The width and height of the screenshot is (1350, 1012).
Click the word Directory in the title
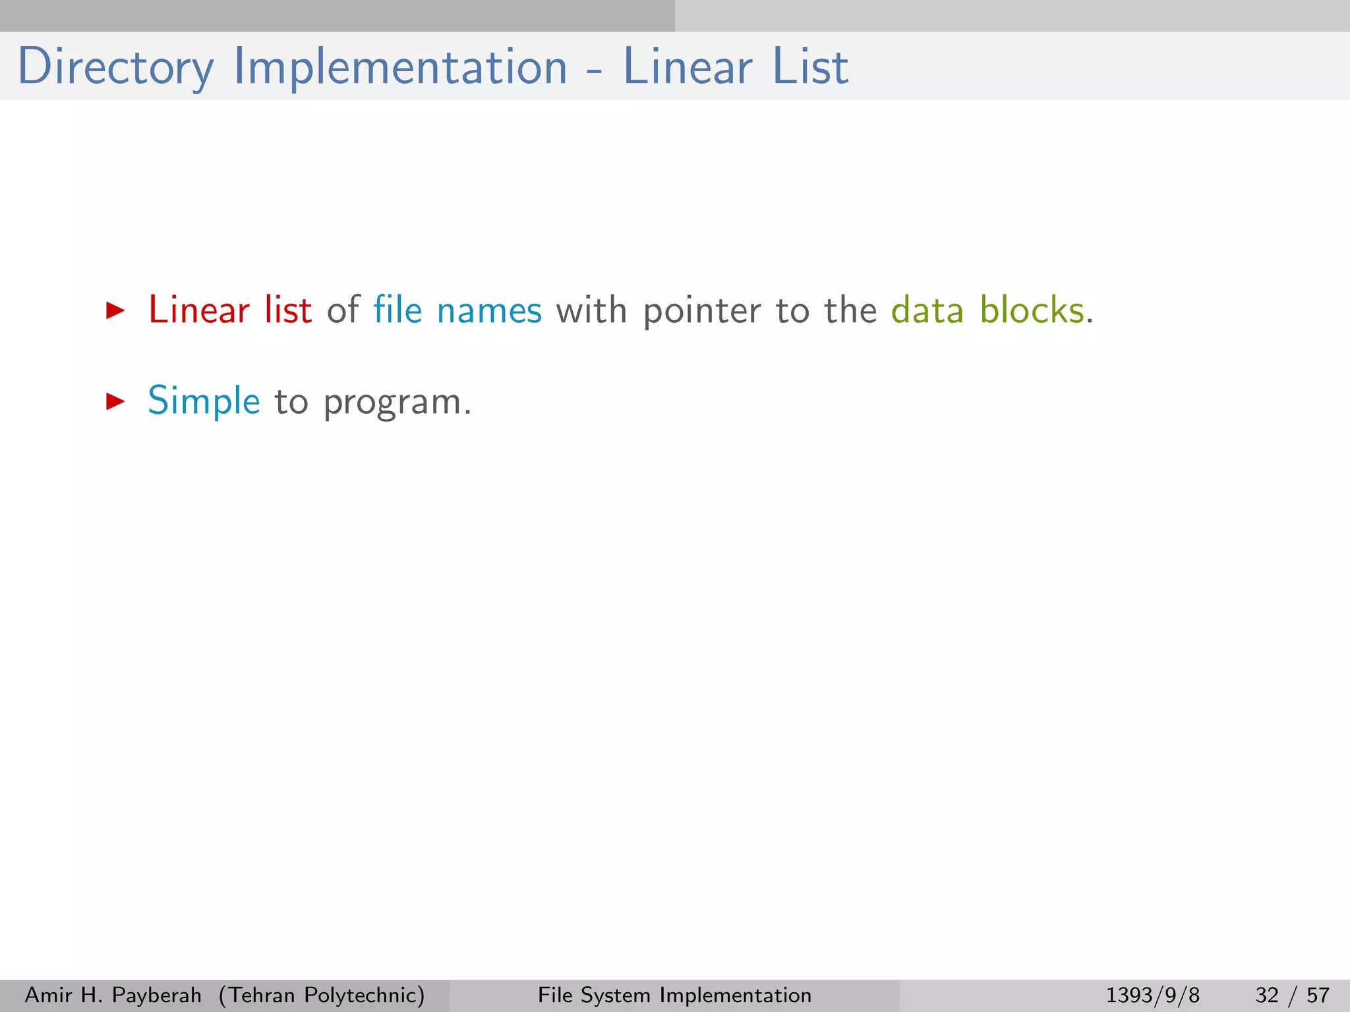(x=116, y=67)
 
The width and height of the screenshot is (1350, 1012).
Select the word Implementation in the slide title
(x=400, y=67)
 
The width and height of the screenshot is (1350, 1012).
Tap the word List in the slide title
(x=810, y=67)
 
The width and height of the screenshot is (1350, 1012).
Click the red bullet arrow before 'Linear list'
(x=115, y=310)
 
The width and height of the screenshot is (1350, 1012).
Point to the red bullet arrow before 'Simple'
(x=115, y=401)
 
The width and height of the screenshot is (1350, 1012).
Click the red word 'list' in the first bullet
(x=288, y=309)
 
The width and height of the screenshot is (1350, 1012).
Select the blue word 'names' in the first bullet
(x=489, y=310)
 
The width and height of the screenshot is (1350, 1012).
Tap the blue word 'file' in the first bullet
(x=397, y=309)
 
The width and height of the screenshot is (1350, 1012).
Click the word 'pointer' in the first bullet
(x=702, y=310)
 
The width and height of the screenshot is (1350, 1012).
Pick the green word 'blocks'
(x=1032, y=309)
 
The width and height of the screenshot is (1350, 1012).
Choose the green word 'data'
(x=927, y=309)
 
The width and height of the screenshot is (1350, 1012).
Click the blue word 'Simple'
(x=204, y=401)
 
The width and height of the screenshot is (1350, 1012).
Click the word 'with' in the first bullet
(x=591, y=309)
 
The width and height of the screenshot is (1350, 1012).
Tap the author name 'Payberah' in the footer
(x=157, y=995)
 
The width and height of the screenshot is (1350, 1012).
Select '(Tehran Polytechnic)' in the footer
(x=322, y=995)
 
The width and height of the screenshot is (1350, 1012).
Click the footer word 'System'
(x=616, y=995)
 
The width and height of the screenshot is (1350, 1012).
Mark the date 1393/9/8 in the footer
(x=1152, y=995)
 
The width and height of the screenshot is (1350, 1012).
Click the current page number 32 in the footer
(x=1268, y=995)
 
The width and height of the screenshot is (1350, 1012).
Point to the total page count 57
(x=1318, y=995)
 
